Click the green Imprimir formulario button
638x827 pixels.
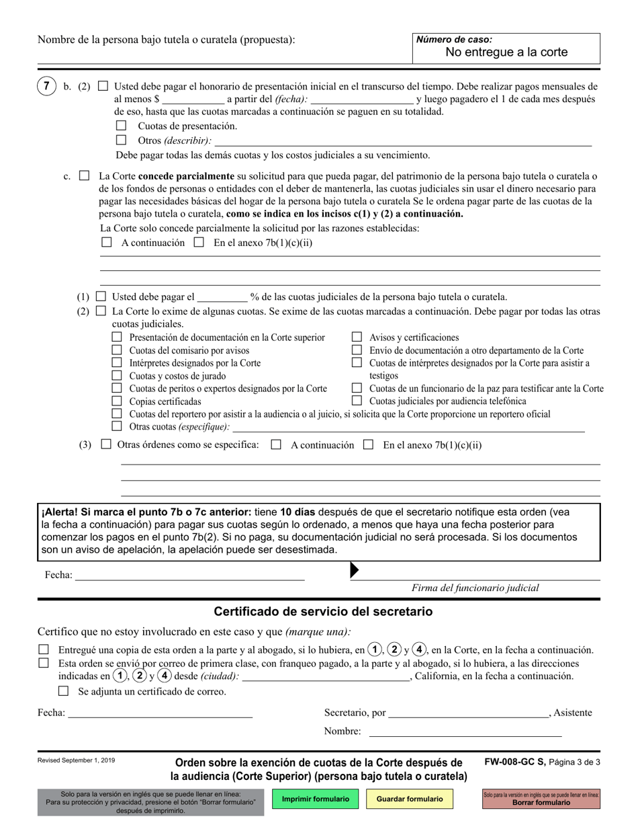point(316,799)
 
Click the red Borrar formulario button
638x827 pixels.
point(541,799)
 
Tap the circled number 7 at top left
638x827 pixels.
point(46,87)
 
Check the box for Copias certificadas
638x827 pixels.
point(117,401)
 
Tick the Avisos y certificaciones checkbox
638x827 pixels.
point(357,338)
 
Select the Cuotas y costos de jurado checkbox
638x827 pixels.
point(117,376)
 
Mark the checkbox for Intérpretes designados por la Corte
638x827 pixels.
point(117,363)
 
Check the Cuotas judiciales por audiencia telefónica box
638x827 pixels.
point(357,401)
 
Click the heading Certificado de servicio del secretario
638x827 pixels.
point(323,612)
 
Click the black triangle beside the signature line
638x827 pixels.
point(355,571)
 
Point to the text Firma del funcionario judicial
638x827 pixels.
point(475,588)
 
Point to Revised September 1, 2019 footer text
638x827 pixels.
point(76,760)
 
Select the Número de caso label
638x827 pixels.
point(454,40)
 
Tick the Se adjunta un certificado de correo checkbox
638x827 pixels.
point(64,691)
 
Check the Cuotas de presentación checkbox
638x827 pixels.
point(121,126)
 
